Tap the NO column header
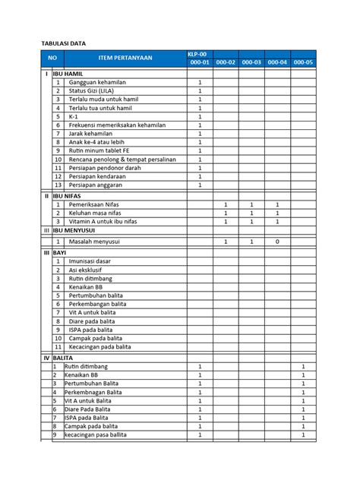point(52,58)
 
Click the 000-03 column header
point(251,62)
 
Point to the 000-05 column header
point(303,62)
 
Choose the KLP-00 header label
point(200,53)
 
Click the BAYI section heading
point(61,251)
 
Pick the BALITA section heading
point(64,356)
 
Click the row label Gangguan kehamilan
point(100,82)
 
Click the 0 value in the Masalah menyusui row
point(276,241)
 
